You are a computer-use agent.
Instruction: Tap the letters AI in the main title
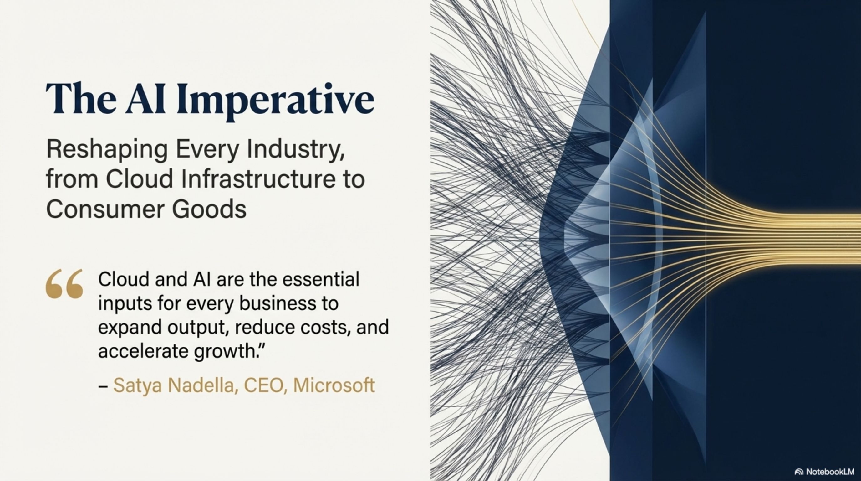pyautogui.click(x=146, y=98)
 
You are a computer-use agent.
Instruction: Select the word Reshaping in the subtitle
pyautogui.click(x=107, y=151)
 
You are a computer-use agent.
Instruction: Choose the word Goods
pyautogui.click(x=209, y=209)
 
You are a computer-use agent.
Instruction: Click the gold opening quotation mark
pyautogui.click(x=64, y=283)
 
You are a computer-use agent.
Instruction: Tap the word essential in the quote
pyautogui.click(x=321, y=279)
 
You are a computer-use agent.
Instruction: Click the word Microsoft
pyautogui.click(x=334, y=385)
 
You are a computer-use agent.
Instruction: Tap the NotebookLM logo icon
pyautogui.click(x=799, y=472)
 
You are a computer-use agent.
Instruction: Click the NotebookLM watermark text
pyautogui.click(x=830, y=472)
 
